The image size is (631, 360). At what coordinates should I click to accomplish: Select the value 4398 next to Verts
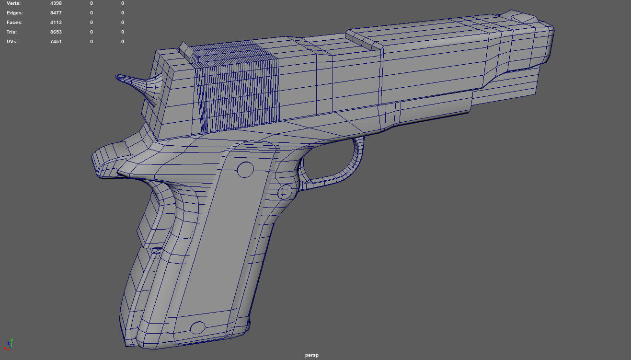[x=56, y=3]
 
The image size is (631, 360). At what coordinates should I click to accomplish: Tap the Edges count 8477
[x=56, y=13]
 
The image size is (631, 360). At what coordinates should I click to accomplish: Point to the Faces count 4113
[x=56, y=23]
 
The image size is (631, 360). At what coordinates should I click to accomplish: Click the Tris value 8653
[x=56, y=32]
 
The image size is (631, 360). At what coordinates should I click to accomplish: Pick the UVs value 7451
[x=56, y=42]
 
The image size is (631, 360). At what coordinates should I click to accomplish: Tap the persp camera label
[x=311, y=355]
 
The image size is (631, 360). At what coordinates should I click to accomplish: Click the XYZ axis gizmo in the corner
[x=8, y=344]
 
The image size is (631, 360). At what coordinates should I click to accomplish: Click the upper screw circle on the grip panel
[x=245, y=169]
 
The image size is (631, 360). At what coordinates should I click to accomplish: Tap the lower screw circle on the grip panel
[x=198, y=328]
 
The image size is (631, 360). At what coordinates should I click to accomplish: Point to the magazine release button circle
[x=285, y=192]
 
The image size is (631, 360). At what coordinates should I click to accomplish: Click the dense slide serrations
[x=237, y=89]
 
